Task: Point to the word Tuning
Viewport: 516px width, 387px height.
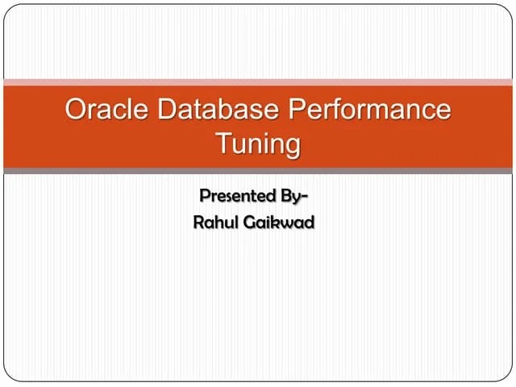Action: [x=258, y=144]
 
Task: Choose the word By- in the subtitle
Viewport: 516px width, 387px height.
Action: [x=294, y=195]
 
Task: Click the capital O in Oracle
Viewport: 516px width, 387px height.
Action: [x=77, y=110]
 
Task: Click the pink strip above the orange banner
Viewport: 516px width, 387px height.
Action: [x=258, y=81]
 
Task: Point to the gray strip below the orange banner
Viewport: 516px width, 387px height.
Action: [x=258, y=171]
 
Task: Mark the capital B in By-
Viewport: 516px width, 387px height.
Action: [x=285, y=195]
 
